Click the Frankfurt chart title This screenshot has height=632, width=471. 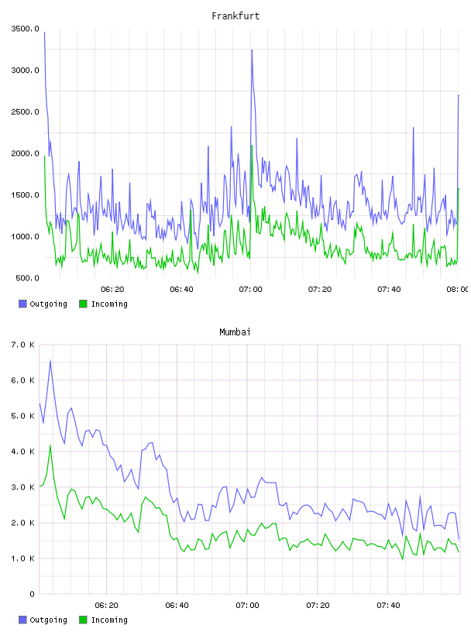235,15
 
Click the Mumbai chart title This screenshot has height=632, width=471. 235,331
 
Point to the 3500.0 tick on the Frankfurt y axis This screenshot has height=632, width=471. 25,29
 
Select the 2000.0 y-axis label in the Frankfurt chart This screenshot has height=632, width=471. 25,153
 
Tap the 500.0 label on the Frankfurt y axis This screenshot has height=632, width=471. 27,278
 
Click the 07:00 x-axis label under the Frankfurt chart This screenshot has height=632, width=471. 250,289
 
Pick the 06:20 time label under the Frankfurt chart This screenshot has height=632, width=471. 112,289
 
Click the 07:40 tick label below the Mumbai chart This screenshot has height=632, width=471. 388,605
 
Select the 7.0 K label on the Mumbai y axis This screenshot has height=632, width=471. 23,345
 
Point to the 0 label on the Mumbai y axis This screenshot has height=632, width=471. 33,594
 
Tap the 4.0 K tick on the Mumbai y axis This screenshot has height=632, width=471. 23,452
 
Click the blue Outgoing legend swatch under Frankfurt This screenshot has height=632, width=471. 22,304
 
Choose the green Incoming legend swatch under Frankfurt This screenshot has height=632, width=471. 83,304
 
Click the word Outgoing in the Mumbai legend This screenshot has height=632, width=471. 48,620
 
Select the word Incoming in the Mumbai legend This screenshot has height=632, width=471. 109,620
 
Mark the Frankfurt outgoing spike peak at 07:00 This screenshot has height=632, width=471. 252,50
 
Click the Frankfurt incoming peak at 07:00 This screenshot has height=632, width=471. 252,146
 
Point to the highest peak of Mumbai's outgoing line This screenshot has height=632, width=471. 50,360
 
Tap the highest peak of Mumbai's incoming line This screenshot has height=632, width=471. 50,445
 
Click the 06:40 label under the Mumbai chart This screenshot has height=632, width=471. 177,605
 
